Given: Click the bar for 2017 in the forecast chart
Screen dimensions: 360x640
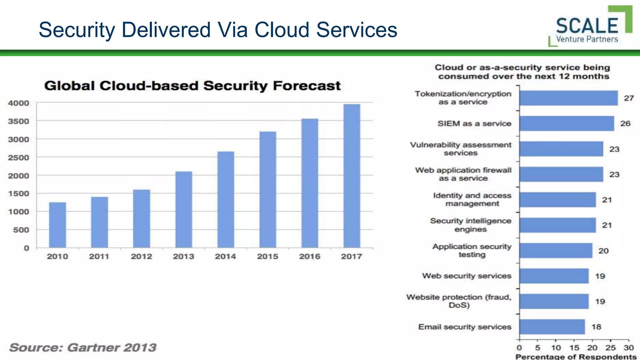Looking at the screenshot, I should (352, 176).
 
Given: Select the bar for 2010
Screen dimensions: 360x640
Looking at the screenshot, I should (57, 225).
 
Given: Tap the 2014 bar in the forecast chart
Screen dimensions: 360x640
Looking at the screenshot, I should (226, 199).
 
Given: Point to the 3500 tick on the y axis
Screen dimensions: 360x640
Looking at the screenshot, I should (18, 121).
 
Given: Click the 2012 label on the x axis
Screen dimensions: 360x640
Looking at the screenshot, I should (141, 257).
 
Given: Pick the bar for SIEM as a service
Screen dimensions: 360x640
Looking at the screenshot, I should (566, 123).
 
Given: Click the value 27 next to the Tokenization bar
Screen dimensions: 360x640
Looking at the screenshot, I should (629, 98).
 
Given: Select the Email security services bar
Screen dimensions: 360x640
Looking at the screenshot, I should (552, 327).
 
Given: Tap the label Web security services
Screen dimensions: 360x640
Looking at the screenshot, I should (467, 276).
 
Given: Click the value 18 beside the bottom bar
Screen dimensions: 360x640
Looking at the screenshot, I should (596, 327).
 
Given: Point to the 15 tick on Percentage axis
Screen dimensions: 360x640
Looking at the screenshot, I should (574, 348).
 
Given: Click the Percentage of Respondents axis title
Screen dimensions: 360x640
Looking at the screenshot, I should (576, 357).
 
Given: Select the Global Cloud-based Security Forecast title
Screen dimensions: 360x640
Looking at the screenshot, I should (192, 86).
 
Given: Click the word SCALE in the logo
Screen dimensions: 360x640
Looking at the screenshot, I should (587, 26).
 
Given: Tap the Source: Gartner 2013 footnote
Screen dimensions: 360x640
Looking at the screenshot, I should (83, 347).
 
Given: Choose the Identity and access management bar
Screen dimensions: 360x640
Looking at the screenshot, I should (557, 200).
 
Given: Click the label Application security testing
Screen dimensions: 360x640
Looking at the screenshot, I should (472, 251).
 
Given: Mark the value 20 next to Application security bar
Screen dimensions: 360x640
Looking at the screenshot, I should (603, 251).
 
